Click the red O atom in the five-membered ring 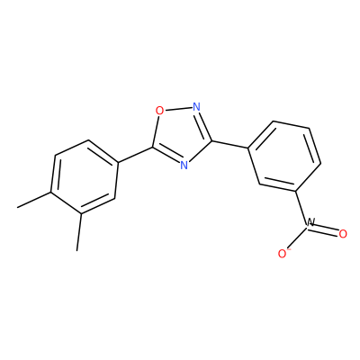160,111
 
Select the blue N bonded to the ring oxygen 196,107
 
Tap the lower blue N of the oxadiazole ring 184,165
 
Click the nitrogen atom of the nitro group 310,222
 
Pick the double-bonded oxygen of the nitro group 343,234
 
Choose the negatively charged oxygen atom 283,254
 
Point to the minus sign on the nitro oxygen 289,249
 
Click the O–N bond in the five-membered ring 178,109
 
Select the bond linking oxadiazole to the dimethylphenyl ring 135,155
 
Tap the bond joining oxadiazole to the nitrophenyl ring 230,144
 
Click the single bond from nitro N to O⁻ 297,238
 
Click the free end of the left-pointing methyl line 17,207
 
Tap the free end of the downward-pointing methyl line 77,250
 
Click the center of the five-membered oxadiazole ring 181,136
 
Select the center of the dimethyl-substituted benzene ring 85,177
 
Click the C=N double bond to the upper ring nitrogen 203,124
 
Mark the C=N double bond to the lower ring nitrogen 166,155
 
